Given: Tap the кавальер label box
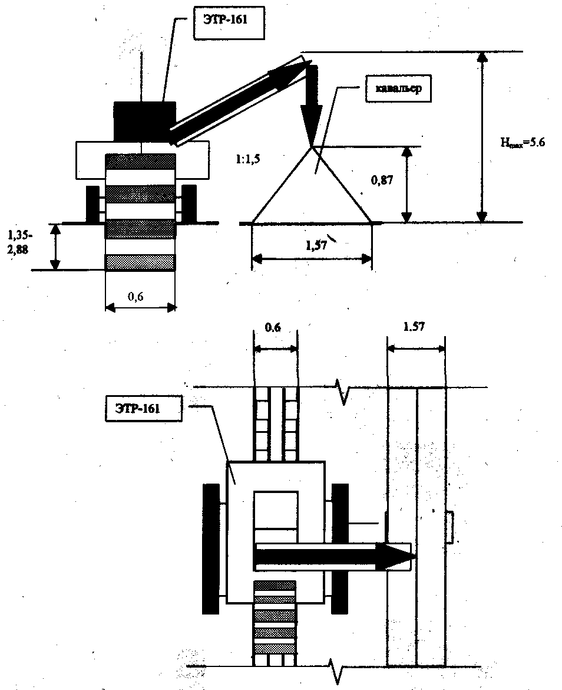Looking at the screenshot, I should pyautogui.click(x=395, y=90).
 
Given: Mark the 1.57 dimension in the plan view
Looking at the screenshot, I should pyautogui.click(x=416, y=326).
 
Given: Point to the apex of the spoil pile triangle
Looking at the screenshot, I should pyautogui.click(x=312, y=146).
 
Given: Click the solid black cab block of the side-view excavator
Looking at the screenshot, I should pyautogui.click(x=144, y=121).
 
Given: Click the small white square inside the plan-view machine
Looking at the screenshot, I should pyautogui.click(x=276, y=514).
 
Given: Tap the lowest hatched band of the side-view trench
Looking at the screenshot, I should pyautogui.click(x=140, y=262).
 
